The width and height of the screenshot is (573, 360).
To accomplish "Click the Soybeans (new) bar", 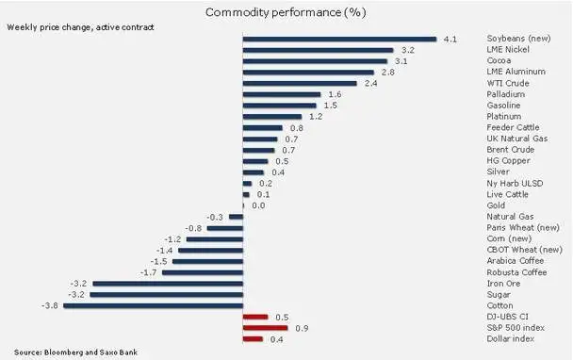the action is coord(339,39).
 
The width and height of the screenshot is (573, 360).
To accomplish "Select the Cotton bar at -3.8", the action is coord(153,306).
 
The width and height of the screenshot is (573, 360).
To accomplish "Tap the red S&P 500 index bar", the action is coord(266,328).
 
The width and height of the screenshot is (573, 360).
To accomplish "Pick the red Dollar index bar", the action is coord(253,339).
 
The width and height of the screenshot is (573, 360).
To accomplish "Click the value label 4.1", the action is coord(450,40).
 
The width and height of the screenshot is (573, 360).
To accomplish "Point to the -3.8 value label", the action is coord(50,305).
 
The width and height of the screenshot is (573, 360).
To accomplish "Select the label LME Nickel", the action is coord(508,49).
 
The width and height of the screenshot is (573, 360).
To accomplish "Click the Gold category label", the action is coord(496,205).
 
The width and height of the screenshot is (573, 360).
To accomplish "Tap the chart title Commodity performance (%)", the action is coord(286,12).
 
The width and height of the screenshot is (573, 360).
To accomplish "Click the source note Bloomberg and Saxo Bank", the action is coord(75,352).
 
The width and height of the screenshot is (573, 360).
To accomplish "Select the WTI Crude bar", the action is coord(300,84).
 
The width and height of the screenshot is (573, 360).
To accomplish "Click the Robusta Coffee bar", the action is coord(203,272).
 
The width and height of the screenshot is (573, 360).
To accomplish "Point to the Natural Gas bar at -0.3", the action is coord(236,217).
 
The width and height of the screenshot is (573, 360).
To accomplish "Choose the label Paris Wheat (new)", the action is coord(523,228).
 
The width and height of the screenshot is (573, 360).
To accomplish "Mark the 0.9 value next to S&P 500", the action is coord(302,328).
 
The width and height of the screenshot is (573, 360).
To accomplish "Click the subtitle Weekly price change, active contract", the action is coord(80,27).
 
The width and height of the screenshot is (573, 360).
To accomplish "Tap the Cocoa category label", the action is coord(499,60).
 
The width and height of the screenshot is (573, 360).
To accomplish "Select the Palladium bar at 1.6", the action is coord(282,94).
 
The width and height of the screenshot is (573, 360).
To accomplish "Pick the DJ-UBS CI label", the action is coord(507,317).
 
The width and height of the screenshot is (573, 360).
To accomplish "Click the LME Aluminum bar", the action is coord(308,73).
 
